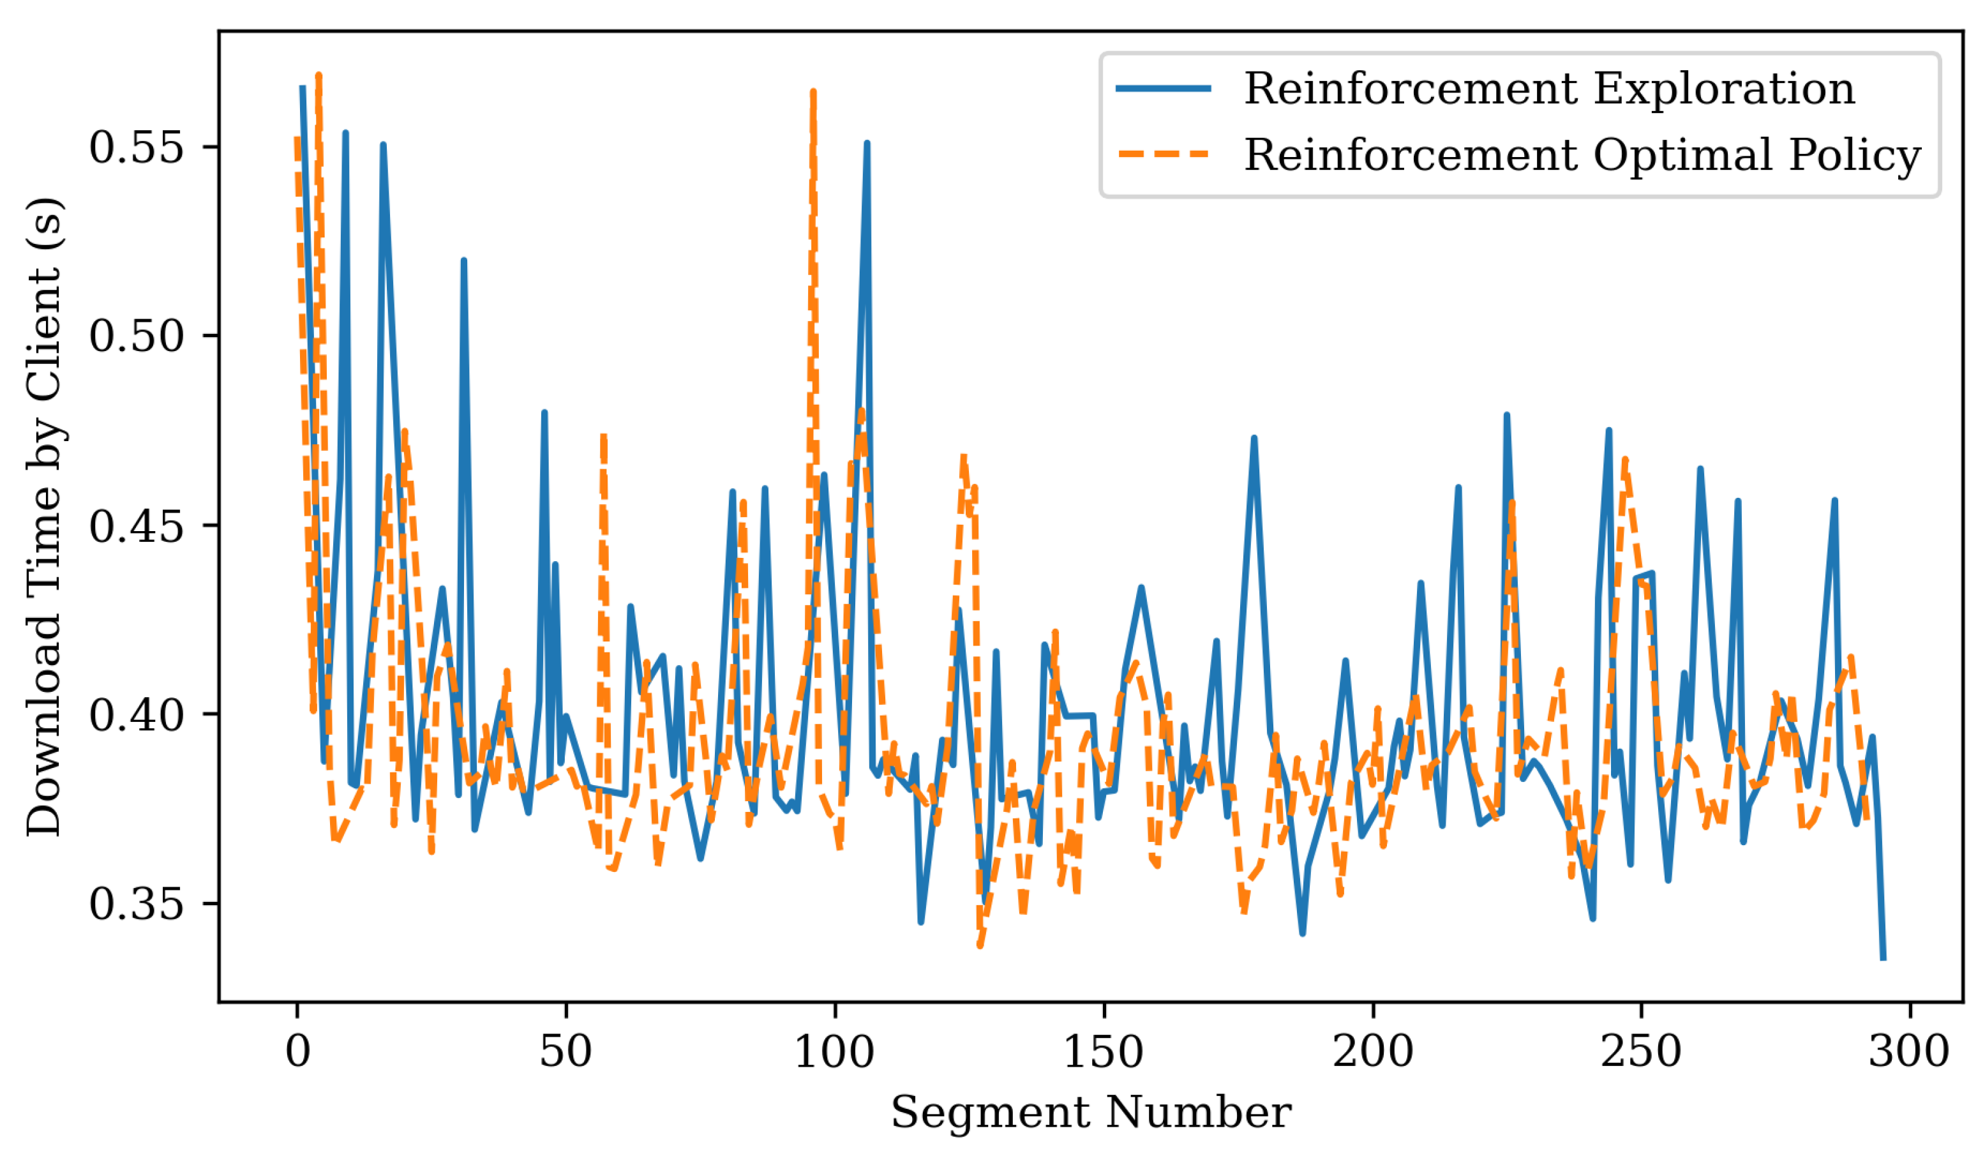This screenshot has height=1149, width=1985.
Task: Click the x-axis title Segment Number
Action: (x=1091, y=1113)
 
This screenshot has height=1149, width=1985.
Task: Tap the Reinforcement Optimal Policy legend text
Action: (x=1582, y=154)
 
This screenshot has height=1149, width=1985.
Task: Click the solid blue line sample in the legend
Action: (x=1164, y=88)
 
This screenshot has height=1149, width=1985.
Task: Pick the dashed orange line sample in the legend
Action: (x=1164, y=154)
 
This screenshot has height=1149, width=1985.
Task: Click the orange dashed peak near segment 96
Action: (x=813, y=93)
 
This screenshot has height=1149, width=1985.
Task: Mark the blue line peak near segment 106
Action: (x=867, y=144)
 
